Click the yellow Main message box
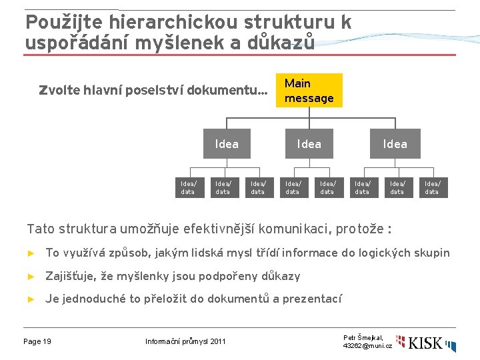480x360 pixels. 309,91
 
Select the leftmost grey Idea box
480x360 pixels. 227,143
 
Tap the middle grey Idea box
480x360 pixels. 309,143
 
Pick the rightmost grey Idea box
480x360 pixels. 395,143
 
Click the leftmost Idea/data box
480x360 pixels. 188,187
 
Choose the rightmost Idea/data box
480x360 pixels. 432,187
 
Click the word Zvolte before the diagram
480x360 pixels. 60,90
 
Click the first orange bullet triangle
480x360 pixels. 31,253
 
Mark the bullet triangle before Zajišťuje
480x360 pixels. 31,277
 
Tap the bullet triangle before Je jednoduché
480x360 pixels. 31,299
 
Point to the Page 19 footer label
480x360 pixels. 37,342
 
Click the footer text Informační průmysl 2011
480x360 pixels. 185,342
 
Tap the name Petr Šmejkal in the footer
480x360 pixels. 363,338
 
